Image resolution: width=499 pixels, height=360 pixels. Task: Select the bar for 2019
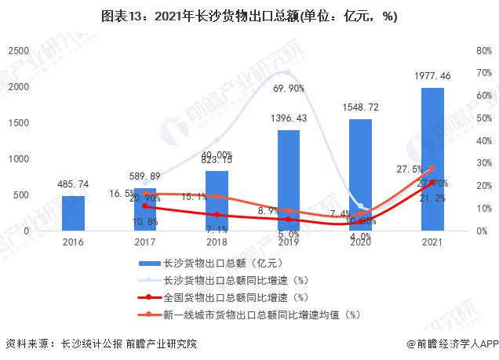[288, 180]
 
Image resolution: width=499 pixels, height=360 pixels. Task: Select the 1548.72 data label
[360, 107]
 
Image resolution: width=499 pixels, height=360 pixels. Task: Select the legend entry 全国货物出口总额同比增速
[235, 297]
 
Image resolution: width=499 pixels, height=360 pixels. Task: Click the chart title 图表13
[249, 17]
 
